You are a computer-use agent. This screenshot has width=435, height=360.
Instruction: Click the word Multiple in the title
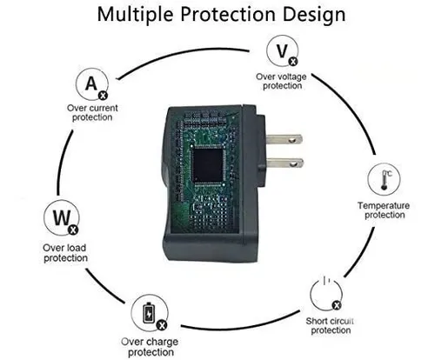(136, 15)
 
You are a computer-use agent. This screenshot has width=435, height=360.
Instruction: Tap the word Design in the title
(314, 15)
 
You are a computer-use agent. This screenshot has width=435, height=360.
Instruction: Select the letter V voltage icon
(282, 51)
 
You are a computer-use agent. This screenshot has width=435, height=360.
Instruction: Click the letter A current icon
(92, 83)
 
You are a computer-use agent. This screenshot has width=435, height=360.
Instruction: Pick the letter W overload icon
(62, 217)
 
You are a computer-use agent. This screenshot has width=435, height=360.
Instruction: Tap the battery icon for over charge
(150, 313)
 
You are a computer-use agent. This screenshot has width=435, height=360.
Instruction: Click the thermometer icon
(384, 179)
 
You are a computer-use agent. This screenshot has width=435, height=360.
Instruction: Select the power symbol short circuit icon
(326, 293)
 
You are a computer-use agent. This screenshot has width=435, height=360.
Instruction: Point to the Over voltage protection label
(281, 81)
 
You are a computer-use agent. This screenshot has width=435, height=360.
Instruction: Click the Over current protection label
(92, 112)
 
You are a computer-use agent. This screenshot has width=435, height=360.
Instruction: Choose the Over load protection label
(65, 253)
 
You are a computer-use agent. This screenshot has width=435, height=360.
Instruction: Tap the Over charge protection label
(150, 347)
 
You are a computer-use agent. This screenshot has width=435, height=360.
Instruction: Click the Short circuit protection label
(330, 325)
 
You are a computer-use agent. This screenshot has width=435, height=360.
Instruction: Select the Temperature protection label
(384, 210)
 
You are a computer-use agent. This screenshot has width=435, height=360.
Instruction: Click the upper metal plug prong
(284, 139)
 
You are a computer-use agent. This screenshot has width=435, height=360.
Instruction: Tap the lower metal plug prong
(285, 163)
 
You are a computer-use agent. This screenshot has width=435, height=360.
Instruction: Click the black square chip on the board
(208, 165)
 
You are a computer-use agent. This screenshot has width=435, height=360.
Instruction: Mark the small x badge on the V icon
(293, 62)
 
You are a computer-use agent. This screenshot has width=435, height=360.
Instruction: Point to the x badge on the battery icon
(162, 325)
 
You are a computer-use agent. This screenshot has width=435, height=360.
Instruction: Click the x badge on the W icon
(73, 230)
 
